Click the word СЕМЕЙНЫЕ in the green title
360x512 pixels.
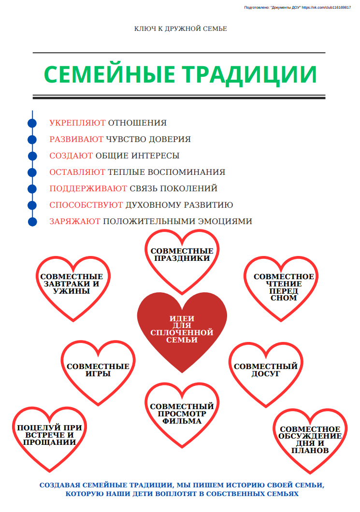click(110, 74)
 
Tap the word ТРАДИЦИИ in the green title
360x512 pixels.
click(249, 75)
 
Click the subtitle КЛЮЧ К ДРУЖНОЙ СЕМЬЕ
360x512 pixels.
click(180, 28)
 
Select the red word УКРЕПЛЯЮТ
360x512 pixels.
click(77, 123)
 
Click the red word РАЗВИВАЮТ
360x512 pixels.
click(76, 139)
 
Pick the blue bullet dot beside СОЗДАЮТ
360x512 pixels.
click(32, 156)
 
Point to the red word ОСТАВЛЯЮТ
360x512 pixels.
click(77, 172)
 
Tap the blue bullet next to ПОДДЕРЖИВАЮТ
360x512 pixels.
click(32, 189)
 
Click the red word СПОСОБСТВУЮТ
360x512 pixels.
click(86, 205)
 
